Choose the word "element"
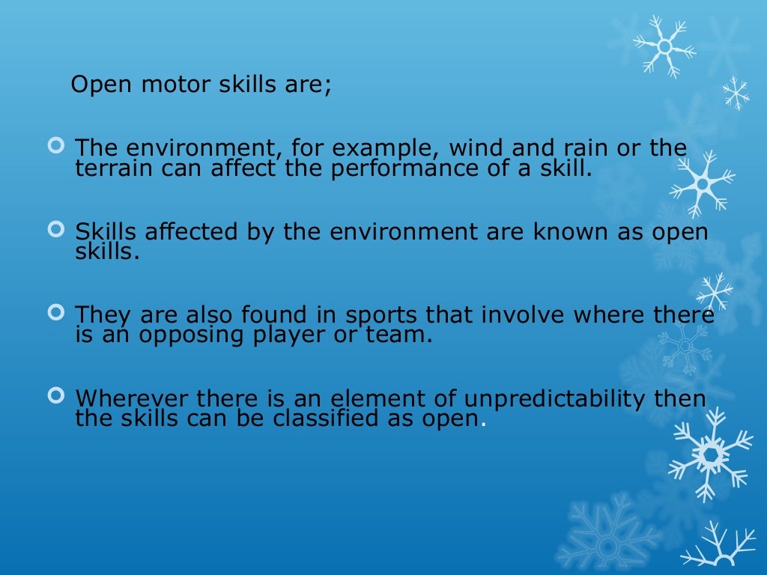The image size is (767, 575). pyautogui.click(x=359, y=399)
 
